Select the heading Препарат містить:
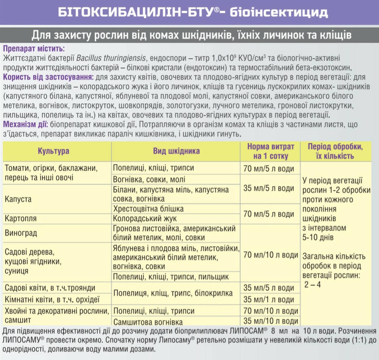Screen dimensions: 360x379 pyautogui.click(x=34, y=49)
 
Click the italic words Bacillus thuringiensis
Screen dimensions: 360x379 pyautogui.click(x=111, y=58)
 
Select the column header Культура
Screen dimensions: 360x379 pyautogui.click(x=53, y=151)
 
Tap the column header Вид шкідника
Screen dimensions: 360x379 pyautogui.click(x=176, y=151)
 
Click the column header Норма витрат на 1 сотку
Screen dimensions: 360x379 pyautogui.click(x=270, y=151)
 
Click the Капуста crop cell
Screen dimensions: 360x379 pyautogui.click(x=18, y=199)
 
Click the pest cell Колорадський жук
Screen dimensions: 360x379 pyautogui.click(x=145, y=219)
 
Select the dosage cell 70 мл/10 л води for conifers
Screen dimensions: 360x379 pyautogui.click(x=270, y=311)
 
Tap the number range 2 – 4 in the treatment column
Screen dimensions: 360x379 pyautogui.click(x=313, y=284)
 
